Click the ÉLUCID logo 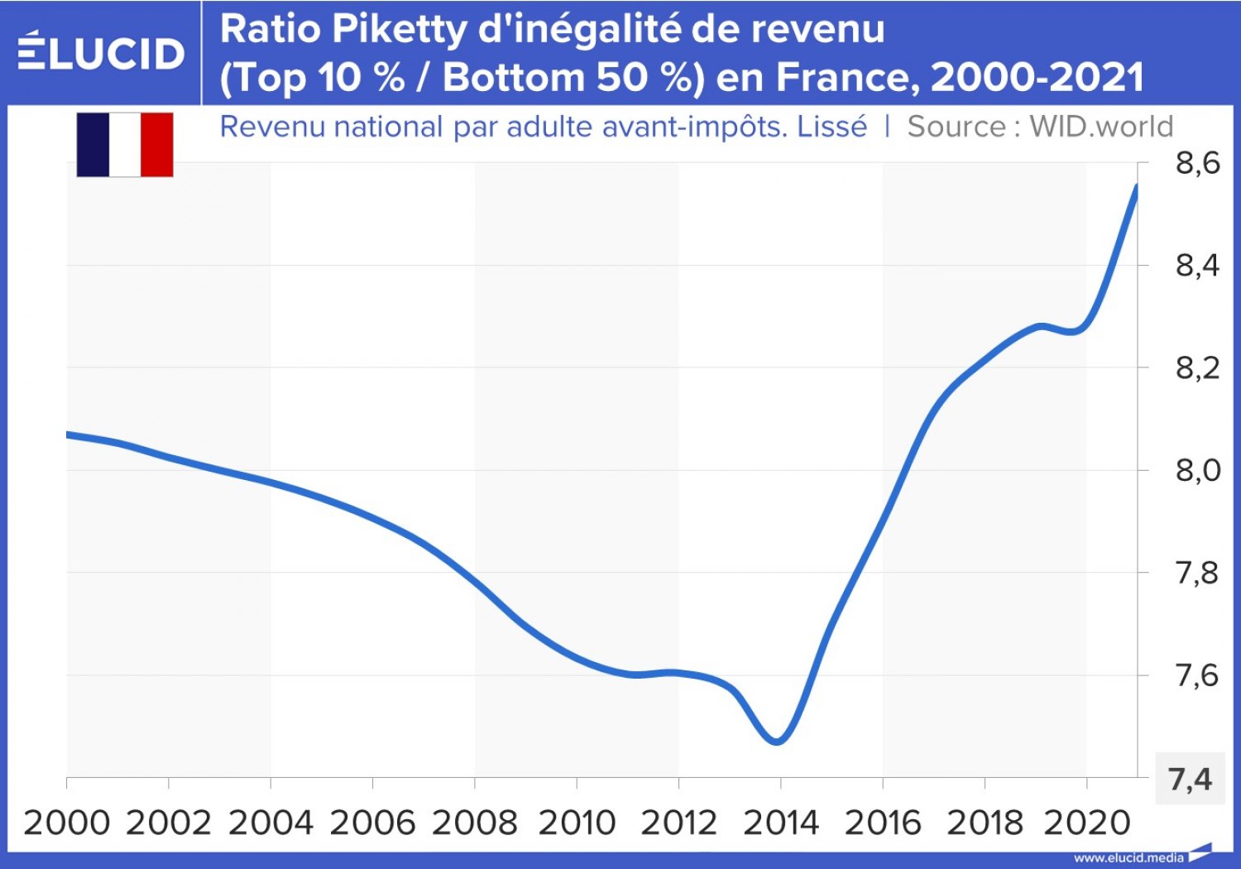101,52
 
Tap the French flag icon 125,145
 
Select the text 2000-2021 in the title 1037,78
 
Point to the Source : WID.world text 1040,127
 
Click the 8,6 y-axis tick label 1197,164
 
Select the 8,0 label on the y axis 1197,470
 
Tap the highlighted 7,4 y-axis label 1190,779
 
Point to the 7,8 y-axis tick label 1197,573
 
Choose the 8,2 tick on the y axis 1197,367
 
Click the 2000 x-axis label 67,823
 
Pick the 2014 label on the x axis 780,823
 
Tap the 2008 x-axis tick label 474,823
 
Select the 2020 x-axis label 1086,823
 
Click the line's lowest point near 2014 777,741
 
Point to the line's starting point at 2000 68,434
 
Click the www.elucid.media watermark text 1128,857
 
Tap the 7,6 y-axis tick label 1197,675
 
